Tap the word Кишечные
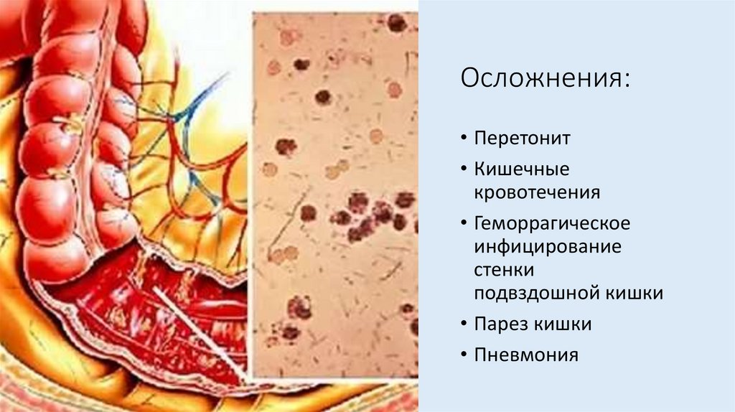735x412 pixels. click(521, 169)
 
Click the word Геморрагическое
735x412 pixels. click(552, 224)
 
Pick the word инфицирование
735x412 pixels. click(547, 247)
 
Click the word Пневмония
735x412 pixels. click(525, 355)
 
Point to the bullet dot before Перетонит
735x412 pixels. click(464, 138)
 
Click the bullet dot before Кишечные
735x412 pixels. click(464, 170)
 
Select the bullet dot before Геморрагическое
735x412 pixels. click(464, 224)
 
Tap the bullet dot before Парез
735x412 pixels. click(464, 324)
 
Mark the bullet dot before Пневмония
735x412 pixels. click(464, 355)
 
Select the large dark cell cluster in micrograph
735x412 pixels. click(370, 216)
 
